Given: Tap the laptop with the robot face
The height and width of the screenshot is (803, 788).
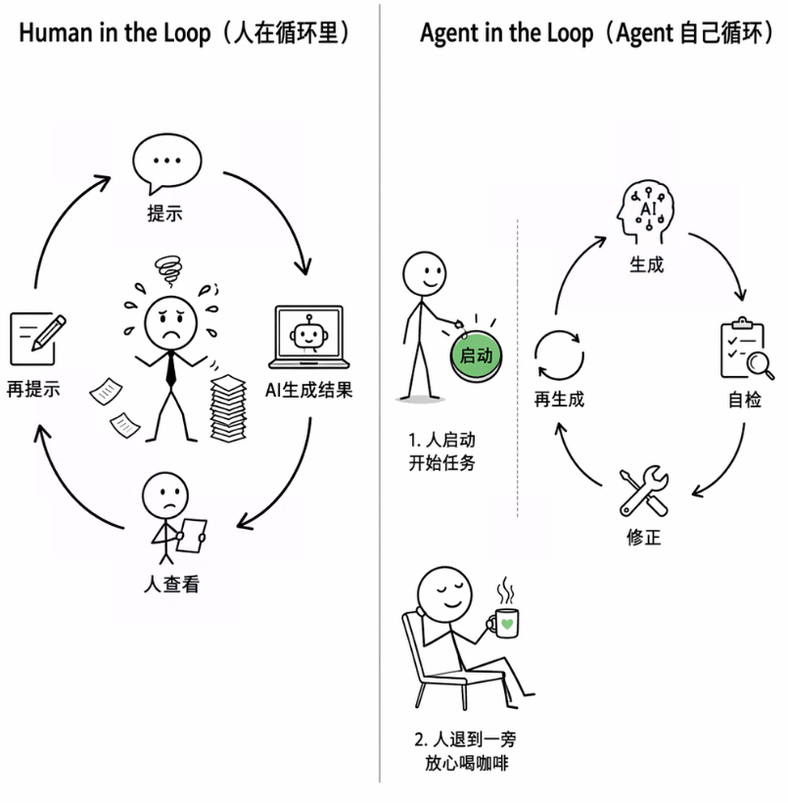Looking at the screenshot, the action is coord(308,337).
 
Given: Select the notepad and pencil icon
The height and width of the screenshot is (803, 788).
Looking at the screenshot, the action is coord(38,338).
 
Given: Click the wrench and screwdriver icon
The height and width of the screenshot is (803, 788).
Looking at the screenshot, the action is coord(643,491).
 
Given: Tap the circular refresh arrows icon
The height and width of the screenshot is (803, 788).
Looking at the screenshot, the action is coord(559,355).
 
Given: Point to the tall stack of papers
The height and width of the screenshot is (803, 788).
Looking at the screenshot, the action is coord(228,407).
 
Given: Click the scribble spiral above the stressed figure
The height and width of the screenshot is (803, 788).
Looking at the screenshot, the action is coord(169,270).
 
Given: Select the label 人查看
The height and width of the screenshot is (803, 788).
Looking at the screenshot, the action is coord(171,584).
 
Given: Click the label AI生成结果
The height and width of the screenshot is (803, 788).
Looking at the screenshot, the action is coord(308,390).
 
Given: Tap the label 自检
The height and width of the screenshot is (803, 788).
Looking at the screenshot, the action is coord(745,400).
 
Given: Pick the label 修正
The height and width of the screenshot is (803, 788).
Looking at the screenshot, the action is coord(643,538).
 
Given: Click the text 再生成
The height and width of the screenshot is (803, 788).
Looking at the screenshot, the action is coord(559,399).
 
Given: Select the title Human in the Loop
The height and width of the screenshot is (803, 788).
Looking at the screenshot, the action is coord(115,32).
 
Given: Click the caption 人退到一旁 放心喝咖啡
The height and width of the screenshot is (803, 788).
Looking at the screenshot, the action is coord(466,751).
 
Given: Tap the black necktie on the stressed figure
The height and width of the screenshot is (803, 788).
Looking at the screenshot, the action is coord(171,369).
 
